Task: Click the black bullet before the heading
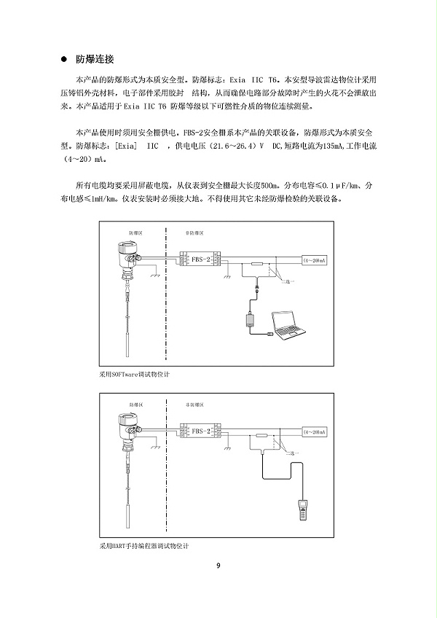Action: pos(65,59)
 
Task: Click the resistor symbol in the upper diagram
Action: pos(257,265)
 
